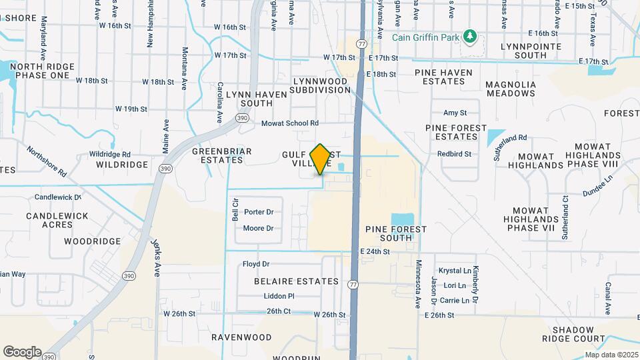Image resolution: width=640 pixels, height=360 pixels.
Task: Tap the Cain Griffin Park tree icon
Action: tap(471, 35)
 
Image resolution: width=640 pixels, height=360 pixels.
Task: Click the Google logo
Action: tap(22, 352)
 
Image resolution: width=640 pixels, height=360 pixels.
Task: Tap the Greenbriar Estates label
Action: tap(222, 155)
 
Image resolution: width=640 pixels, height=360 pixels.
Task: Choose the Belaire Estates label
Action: tap(297, 281)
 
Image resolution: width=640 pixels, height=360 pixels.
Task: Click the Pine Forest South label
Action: tap(396, 233)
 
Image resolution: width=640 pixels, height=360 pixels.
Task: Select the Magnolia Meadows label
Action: tap(511, 89)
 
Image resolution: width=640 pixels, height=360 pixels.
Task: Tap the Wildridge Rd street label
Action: tap(109, 154)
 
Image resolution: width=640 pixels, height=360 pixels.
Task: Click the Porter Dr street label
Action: tap(259, 212)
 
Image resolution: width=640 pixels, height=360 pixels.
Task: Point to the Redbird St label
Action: tap(455, 154)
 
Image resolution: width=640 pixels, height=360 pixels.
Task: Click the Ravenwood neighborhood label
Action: tap(235, 337)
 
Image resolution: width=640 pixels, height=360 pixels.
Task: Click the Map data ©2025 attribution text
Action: tap(611, 355)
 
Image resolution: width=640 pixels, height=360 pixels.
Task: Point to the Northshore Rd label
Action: tap(47, 162)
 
